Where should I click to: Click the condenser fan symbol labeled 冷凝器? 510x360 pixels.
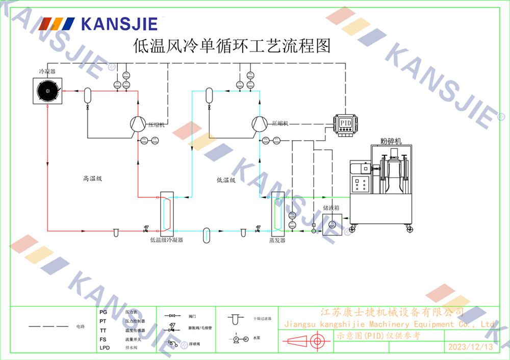(47, 91)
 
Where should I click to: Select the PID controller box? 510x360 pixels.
(346, 123)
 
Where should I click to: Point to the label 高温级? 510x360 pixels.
(93, 178)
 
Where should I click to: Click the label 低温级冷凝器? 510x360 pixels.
(166, 240)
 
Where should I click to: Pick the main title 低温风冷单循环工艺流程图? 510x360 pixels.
(232, 46)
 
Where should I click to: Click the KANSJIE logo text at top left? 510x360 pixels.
(119, 24)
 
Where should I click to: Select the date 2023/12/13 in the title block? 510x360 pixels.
(470, 347)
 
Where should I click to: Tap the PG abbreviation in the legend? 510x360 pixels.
(103, 312)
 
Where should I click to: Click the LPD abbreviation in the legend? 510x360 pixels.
(105, 348)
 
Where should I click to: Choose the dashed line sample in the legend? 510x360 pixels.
(48, 326)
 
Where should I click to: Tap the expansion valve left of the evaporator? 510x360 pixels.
(258, 229)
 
